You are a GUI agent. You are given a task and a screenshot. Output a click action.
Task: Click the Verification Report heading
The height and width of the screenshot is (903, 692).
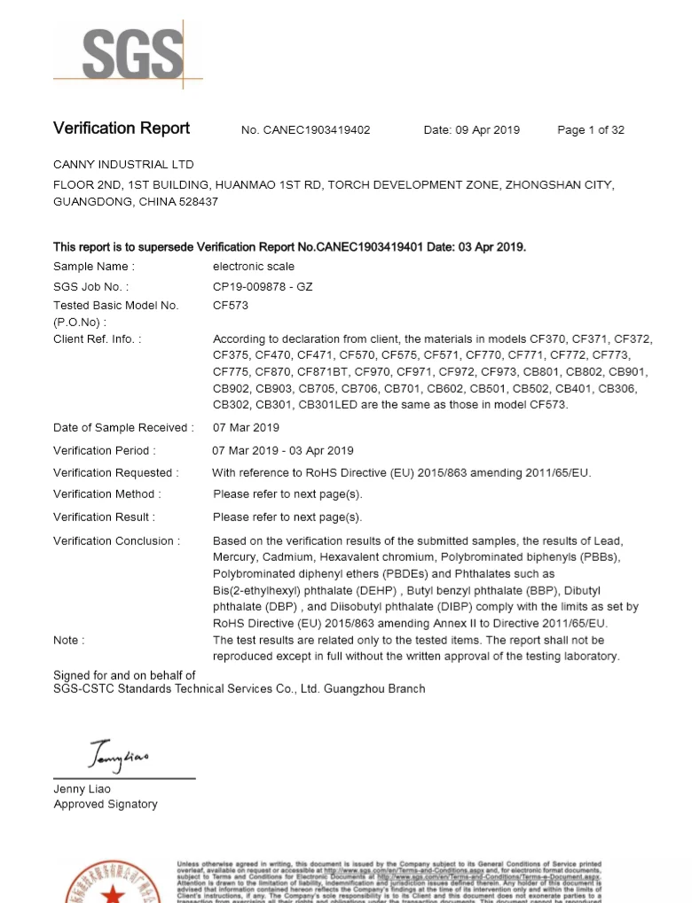tap(122, 128)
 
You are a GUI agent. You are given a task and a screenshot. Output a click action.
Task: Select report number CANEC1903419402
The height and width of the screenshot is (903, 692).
tap(317, 130)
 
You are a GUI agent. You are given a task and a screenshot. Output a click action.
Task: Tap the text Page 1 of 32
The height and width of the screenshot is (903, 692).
tap(590, 130)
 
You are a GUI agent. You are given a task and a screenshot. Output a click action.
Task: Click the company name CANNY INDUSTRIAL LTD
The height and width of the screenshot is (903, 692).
tap(123, 165)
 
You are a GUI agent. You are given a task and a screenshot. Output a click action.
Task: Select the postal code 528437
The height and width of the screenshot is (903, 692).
tap(197, 202)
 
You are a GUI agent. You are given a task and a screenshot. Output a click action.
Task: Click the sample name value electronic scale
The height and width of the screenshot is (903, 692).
tap(254, 266)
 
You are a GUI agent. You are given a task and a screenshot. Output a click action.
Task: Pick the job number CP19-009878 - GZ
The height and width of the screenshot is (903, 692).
tap(269, 286)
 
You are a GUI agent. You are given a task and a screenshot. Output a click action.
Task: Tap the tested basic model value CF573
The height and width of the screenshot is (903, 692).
tap(231, 306)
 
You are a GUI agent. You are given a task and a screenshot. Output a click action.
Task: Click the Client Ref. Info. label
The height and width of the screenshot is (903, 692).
tap(97, 339)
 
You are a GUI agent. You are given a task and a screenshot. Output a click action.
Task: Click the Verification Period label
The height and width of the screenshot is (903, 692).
tap(105, 450)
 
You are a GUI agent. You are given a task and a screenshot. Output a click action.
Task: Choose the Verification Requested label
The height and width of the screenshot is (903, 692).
tap(115, 472)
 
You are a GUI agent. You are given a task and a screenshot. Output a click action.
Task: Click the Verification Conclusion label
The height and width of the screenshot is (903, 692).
tap(116, 541)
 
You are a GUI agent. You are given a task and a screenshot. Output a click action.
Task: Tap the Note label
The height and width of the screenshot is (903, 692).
tap(69, 640)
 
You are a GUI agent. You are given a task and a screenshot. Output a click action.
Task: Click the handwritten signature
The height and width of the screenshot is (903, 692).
tap(120, 755)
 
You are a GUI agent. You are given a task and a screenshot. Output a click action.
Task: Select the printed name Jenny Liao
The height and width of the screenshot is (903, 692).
tap(83, 789)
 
